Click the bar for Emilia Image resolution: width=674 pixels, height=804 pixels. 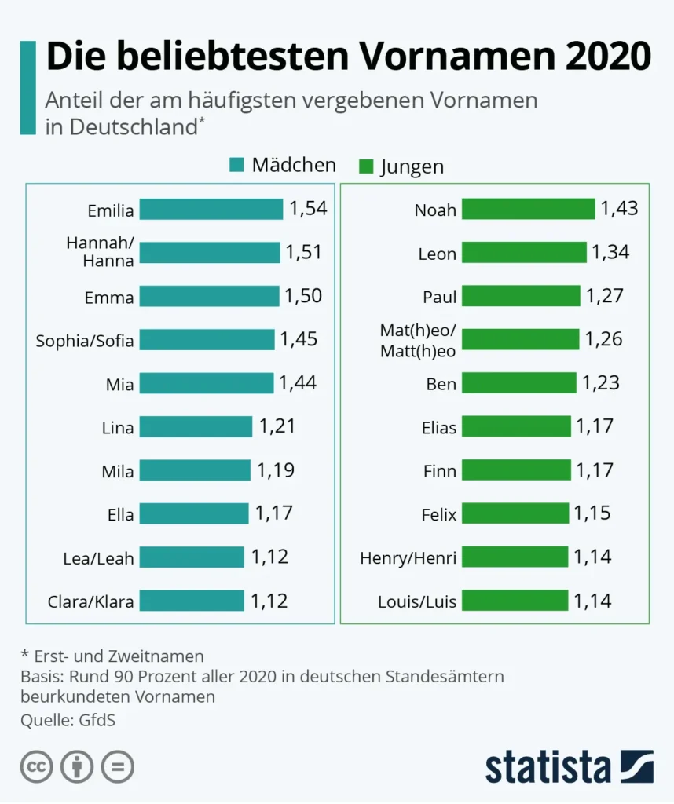(x=211, y=210)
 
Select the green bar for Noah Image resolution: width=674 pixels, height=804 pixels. (x=528, y=209)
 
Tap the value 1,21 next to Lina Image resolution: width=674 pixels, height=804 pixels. (x=277, y=427)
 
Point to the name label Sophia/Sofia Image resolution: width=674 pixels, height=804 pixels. (x=85, y=341)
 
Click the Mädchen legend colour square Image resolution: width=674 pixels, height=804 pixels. (x=237, y=166)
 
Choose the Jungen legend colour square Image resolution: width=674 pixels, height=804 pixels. (x=365, y=166)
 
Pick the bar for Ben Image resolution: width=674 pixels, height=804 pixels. (x=518, y=383)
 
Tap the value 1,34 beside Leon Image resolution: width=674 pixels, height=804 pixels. (x=610, y=253)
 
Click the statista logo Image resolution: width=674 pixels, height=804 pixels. (x=569, y=767)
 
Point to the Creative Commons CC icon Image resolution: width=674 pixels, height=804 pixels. (x=36, y=767)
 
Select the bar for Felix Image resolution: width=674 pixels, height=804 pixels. (x=515, y=513)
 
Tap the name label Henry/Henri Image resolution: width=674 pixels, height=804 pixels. (x=408, y=558)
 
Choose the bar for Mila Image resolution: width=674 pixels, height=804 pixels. (x=196, y=471)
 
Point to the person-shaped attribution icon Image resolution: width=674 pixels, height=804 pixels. (x=77, y=767)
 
